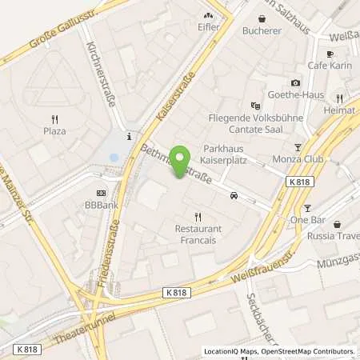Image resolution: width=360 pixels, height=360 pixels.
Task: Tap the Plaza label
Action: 54,130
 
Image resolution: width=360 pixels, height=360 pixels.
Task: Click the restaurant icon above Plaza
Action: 54,116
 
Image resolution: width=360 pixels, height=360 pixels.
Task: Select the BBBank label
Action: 102,205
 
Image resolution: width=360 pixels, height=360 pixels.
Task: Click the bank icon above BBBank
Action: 101,192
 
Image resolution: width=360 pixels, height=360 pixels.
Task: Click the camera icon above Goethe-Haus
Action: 295,82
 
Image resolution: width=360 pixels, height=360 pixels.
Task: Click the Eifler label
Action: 209,26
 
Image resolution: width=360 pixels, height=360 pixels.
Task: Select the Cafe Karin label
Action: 326,65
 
